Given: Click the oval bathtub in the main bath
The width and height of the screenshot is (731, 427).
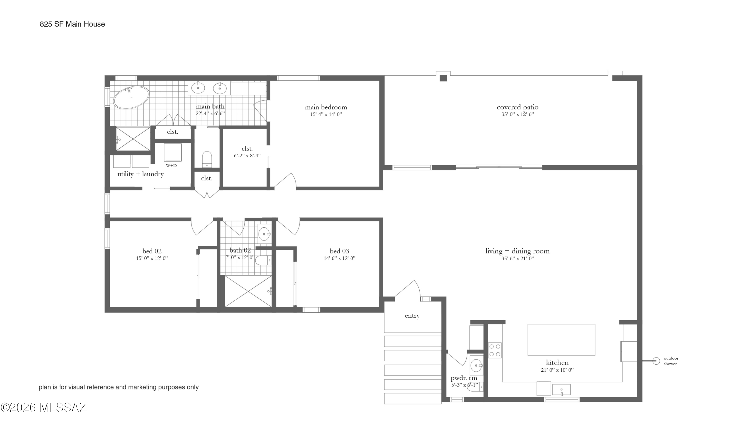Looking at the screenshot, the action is point(131,97).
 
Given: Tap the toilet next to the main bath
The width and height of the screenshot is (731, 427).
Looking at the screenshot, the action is point(207,159).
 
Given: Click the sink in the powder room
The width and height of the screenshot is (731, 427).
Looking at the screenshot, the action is point(476,365).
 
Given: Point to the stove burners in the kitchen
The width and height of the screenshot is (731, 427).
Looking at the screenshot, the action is point(495,350).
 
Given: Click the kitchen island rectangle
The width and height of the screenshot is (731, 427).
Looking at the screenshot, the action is point(561,340).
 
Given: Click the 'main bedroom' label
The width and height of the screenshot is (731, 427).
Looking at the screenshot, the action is point(326,107).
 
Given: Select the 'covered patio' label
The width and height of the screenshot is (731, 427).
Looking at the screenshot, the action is point(518,107).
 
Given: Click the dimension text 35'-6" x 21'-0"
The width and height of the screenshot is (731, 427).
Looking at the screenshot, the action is point(518,259).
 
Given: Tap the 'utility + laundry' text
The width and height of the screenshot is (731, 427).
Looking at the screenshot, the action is point(140,174).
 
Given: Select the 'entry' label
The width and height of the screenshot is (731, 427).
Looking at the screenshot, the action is point(412,316).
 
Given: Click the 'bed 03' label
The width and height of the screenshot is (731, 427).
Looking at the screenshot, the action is point(339,251).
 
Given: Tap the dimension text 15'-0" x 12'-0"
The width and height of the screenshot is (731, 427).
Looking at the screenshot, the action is point(152,258).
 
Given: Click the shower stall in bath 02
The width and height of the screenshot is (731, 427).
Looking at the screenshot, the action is point(248,291).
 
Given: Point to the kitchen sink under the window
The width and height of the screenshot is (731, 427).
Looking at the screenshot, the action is point(561,389).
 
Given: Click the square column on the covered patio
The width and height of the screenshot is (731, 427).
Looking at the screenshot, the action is point(443,78).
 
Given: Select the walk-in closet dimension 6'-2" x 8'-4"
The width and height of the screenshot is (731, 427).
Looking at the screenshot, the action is point(247,156).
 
